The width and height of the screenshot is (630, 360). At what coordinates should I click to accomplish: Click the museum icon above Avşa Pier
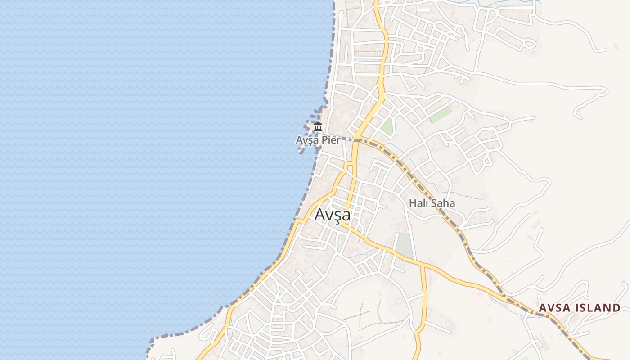coord(318,126)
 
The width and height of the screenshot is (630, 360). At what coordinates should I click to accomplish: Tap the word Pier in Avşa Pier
coord(331,140)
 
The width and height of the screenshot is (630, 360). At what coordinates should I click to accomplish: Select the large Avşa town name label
coord(333,215)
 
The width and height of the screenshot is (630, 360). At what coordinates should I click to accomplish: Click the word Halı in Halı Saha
coord(418,203)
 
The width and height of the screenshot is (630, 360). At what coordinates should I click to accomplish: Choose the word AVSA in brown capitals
coord(553,308)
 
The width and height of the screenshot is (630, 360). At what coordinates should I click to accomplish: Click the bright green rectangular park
coord(441,114)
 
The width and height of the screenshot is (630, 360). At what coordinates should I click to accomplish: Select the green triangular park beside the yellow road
coord(387,126)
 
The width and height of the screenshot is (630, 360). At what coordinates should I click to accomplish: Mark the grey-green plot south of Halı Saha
coord(404,245)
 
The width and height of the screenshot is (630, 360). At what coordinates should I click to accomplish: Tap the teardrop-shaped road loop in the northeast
coord(529,44)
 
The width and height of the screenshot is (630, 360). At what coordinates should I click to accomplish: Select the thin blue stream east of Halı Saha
coord(468,197)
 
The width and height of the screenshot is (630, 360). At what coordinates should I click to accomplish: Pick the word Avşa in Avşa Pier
coord(306,140)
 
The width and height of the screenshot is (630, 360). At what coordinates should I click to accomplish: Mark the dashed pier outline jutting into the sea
coord(310,130)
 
